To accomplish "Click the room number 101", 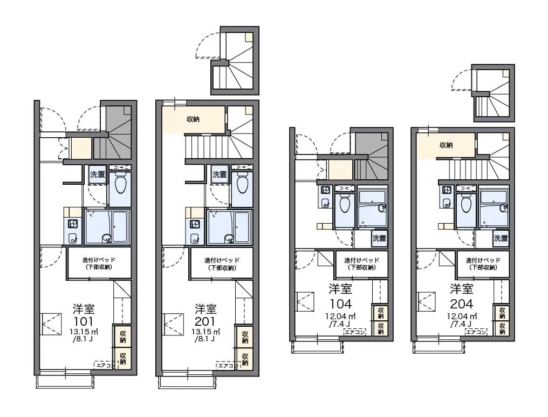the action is tap(84, 321).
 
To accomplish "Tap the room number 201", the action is tap(206, 321).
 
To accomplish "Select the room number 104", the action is tap(340, 304).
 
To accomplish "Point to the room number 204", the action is tap(462, 304).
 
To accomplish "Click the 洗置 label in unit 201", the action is tap(220, 174).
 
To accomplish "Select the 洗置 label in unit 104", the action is tap(379, 238).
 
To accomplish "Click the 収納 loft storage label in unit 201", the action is tap(193, 119).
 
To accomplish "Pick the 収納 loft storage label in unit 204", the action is tap(446, 145).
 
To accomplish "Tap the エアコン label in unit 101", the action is tap(104, 365).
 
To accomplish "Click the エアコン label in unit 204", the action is tap(476, 332).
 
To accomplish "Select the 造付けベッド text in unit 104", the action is tap(362, 260).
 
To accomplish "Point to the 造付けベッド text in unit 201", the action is tap(222, 260).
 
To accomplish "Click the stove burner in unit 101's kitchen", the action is tap(73, 224).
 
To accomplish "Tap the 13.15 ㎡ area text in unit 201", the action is tap(206, 332).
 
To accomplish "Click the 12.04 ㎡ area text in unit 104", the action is tap(340, 317).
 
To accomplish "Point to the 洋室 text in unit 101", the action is tap(84, 309).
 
